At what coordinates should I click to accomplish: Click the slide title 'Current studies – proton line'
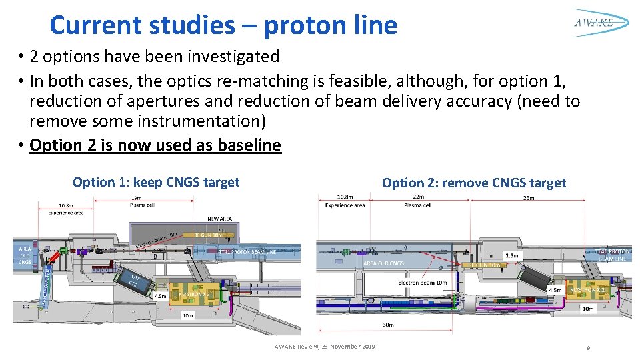point(223,25)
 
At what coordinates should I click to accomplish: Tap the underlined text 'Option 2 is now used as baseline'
point(155,145)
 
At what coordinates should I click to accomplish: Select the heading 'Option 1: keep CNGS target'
point(156,182)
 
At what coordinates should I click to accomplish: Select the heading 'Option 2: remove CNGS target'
point(473,183)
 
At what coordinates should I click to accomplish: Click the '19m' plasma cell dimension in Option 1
point(136,198)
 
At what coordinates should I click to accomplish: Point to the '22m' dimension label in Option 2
point(418,196)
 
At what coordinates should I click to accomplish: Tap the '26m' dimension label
point(529,197)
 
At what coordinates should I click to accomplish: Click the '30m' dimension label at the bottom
point(388,325)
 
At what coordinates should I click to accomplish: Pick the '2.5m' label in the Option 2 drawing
point(512,255)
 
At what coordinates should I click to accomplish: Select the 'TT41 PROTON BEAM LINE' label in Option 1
point(247,252)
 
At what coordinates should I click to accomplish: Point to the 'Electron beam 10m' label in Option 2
point(423,283)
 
